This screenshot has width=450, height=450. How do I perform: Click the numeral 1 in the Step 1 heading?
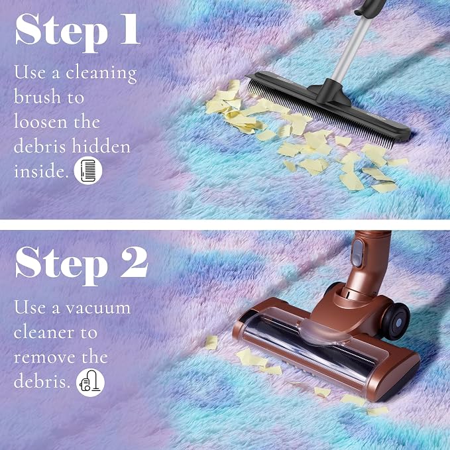tap(130, 29)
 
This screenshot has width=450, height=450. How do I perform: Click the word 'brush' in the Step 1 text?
tap(38, 97)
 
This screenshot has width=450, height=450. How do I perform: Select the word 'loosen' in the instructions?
tap(40, 121)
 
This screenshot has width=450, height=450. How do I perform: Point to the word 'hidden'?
tap(101, 146)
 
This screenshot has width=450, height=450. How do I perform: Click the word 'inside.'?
tap(41, 171)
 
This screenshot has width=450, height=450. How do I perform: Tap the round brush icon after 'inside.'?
tap(88, 171)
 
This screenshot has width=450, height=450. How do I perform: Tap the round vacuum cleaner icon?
tap(90, 382)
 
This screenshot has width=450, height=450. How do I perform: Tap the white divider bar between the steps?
tap(225, 225)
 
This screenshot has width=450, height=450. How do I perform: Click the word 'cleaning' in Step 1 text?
tap(101, 73)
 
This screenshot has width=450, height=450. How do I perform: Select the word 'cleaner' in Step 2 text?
tap(44, 333)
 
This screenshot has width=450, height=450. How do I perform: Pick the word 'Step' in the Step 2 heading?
tap(62, 266)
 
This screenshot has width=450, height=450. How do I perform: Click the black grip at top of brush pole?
tap(370, 7)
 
